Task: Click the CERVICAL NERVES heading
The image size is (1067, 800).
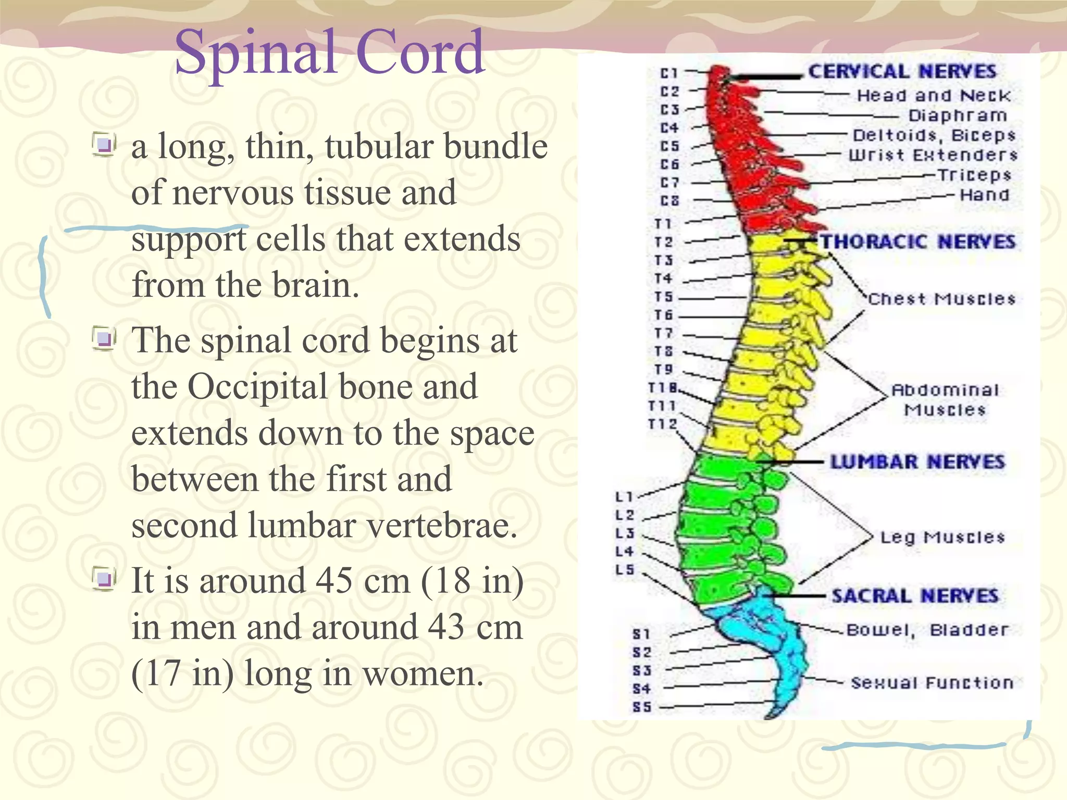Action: click(902, 71)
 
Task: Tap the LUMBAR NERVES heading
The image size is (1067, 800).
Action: click(917, 462)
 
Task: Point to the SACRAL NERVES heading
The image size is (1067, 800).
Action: click(915, 596)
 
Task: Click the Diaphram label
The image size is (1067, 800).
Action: click(958, 116)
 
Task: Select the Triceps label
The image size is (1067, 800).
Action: click(974, 176)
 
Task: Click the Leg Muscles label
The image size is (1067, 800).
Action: click(942, 537)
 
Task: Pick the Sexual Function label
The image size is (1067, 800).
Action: click(932, 682)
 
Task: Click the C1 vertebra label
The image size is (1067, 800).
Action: click(669, 73)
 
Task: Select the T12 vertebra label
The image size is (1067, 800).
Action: click(662, 424)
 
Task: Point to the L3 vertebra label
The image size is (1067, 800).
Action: click(625, 533)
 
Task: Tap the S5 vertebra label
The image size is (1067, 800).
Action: click(642, 707)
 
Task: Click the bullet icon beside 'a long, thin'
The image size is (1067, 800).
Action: click(104, 145)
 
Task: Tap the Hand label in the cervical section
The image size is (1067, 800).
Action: click(984, 195)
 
